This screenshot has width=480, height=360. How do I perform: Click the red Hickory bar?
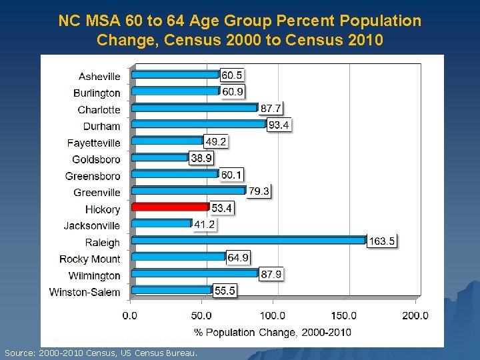tap(170, 207)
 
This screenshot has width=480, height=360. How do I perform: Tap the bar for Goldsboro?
tap(160, 157)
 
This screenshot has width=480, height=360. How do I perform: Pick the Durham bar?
tap(198, 124)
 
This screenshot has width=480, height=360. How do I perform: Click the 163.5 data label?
tap(382, 241)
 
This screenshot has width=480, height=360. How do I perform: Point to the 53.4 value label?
tap(221, 209)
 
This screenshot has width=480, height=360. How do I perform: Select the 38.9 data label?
tap(201, 159)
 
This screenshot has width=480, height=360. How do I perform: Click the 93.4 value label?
tap(279, 125)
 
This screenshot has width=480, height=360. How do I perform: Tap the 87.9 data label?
tap(271, 275)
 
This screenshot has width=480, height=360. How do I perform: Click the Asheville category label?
tap(99, 77)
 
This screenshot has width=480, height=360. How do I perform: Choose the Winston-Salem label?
tap(85, 292)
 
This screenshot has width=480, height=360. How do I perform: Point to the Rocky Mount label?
tap(90, 259)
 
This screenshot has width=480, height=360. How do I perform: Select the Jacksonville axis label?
tap(92, 225)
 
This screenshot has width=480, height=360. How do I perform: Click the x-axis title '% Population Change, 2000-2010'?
tap(273, 331)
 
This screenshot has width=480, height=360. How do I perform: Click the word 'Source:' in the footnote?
tap(21, 352)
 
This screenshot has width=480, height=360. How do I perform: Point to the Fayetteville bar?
tap(167, 141)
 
